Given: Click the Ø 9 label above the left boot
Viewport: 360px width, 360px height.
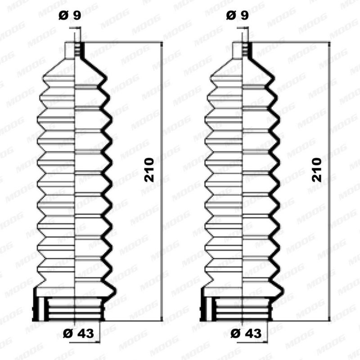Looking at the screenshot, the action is click(x=70, y=16).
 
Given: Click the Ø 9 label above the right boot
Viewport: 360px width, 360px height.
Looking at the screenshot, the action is click(x=238, y=16).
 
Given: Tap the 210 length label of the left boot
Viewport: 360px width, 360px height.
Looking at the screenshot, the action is click(x=149, y=170).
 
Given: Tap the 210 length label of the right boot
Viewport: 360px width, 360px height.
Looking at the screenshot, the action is click(x=317, y=170).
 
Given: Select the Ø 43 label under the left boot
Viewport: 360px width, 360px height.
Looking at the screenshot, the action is click(x=78, y=333).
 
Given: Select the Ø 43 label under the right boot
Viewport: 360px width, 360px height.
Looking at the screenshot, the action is click(x=246, y=333).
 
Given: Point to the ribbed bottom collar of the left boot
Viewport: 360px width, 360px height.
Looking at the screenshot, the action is click(x=69, y=309).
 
